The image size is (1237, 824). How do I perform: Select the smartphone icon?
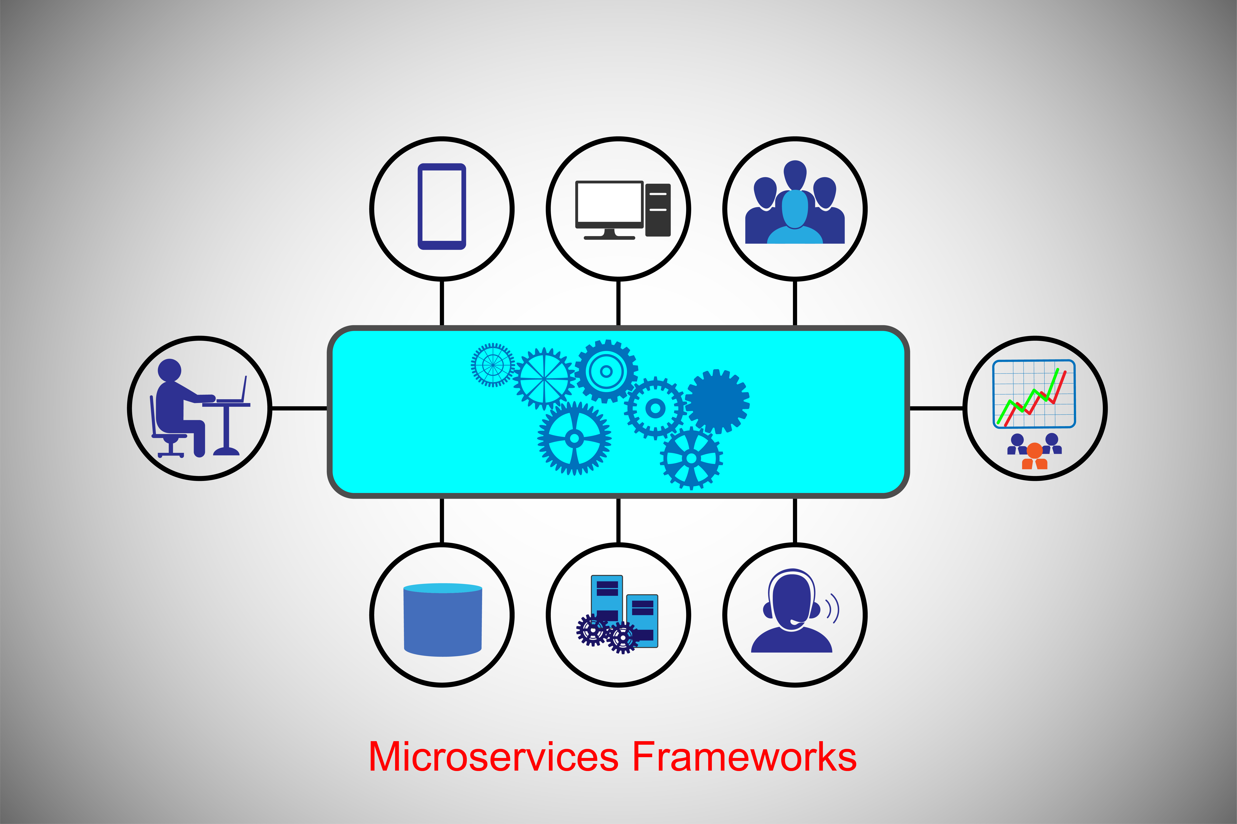pos(442,206)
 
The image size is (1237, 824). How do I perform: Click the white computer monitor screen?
pos(609,202)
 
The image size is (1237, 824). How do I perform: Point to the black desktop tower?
pos(658,210)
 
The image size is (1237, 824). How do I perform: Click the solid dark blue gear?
pos(717,401)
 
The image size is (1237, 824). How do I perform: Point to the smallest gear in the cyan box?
pos(493,365)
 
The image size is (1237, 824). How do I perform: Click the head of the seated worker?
pos(169,370)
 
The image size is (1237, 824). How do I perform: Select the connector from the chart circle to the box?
pos(936,408)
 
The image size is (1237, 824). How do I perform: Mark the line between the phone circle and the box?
pos(442,303)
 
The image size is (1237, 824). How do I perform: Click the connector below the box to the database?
pos(442,520)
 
